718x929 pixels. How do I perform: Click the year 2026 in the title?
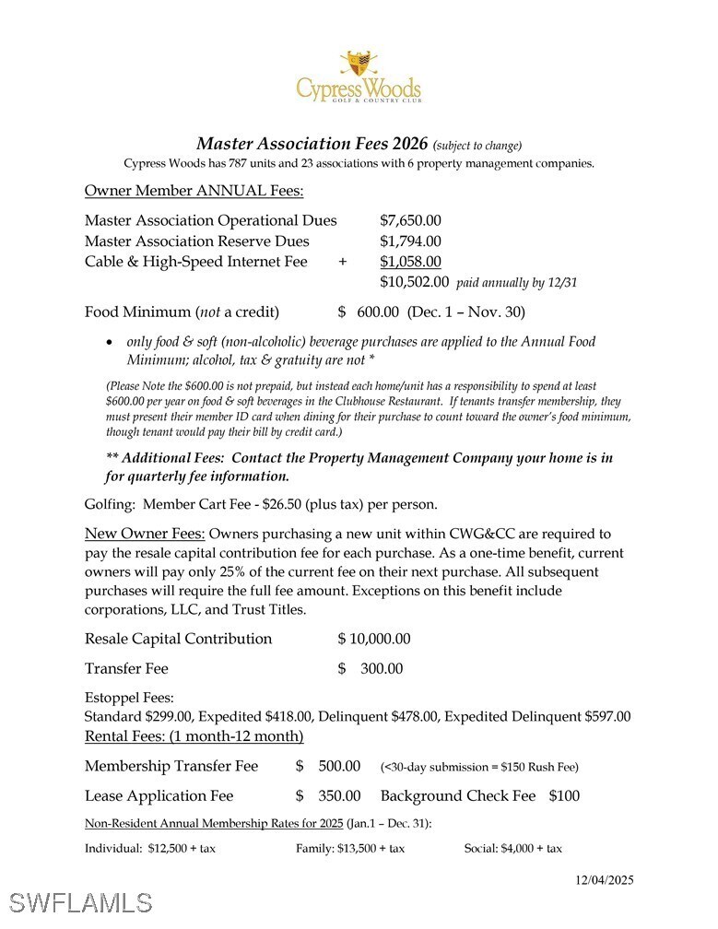coord(409,144)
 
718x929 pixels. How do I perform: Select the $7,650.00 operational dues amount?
coord(410,221)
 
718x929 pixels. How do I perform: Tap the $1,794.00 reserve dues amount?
coord(410,241)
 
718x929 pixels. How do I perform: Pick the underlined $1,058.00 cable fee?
coord(410,262)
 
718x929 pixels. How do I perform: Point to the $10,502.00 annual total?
coord(414,282)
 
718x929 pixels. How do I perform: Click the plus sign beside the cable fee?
coord(343,262)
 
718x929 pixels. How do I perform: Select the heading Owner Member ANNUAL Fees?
coord(194,191)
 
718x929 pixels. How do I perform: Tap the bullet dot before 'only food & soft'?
coord(111,342)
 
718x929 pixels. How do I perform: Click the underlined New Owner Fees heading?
coord(146,534)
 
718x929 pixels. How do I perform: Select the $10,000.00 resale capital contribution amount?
coord(374,639)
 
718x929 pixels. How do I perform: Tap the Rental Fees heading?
coord(194,736)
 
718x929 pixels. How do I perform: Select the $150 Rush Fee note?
coord(479,767)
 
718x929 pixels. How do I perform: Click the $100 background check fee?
coord(564,795)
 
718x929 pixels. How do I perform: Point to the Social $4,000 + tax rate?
coord(512,848)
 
